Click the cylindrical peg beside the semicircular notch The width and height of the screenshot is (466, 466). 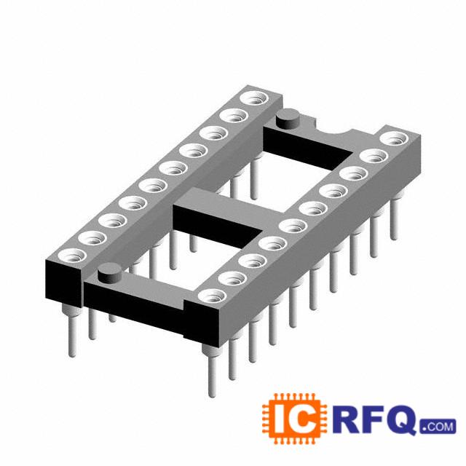click(288, 118)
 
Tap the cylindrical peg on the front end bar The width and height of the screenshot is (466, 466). click(110, 272)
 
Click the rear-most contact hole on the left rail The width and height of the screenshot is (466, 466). click(255, 98)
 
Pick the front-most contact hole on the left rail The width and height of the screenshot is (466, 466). click(71, 256)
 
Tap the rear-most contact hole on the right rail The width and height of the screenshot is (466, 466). click(395, 138)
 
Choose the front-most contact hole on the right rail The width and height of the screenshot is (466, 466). click(212, 296)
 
